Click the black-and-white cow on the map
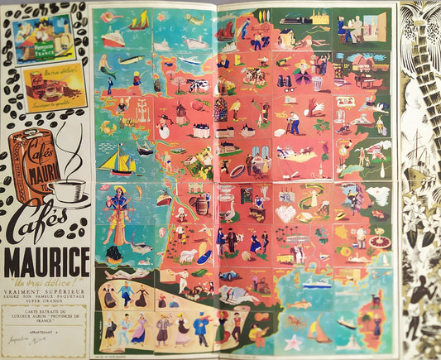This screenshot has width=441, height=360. pyautogui.click(x=195, y=84)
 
